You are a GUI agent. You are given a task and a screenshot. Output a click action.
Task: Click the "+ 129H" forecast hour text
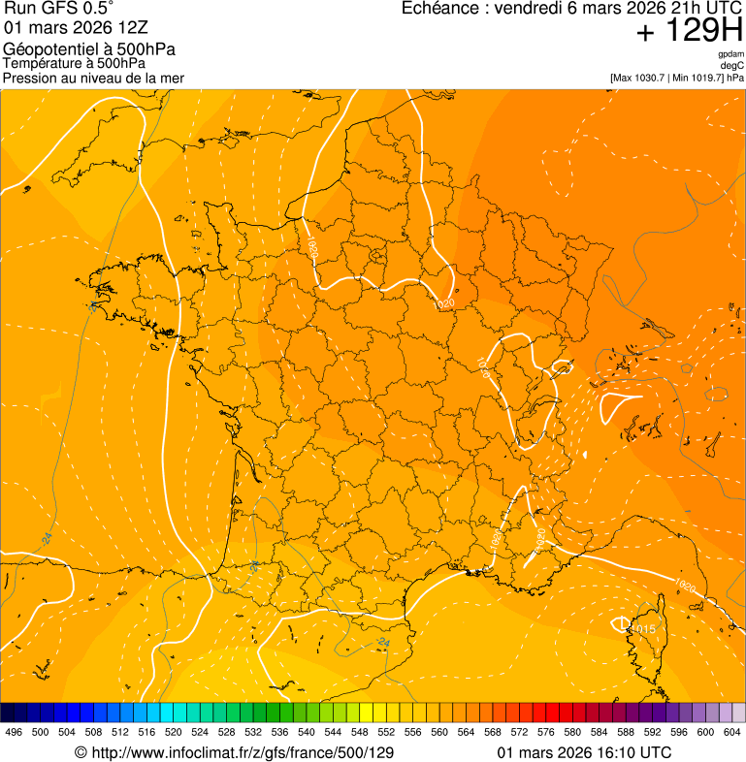click(x=689, y=32)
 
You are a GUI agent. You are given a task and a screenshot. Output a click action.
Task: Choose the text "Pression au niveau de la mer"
click(x=93, y=78)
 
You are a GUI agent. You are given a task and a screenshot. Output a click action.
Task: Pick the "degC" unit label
click(x=732, y=65)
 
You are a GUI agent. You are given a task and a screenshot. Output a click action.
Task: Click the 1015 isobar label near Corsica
click(x=642, y=630)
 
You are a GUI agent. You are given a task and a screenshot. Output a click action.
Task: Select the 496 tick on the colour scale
click(x=14, y=733)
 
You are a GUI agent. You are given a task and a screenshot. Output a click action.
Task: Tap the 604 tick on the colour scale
click(x=732, y=733)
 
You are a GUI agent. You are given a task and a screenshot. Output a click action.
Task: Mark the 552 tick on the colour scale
click(x=386, y=733)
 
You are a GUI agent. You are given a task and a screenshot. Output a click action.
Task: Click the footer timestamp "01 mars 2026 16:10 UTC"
click(x=584, y=752)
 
